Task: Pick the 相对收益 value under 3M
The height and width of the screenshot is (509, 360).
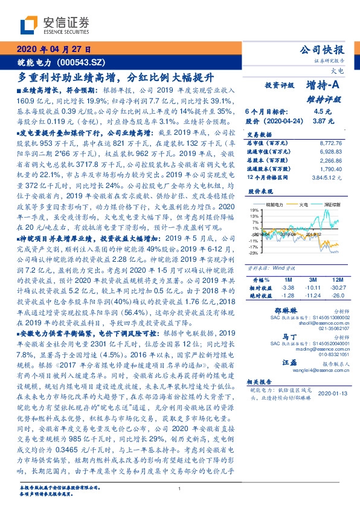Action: pos(312,288)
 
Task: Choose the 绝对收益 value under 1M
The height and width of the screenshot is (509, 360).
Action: pos(288,295)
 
